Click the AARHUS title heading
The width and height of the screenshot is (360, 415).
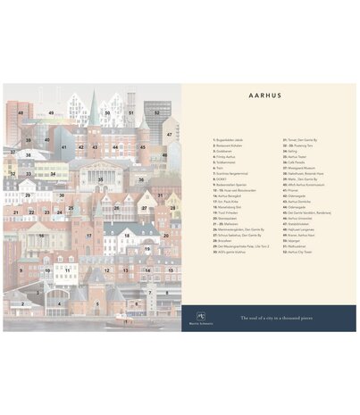[x=267, y=101]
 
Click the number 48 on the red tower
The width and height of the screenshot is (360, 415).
[x=20, y=113]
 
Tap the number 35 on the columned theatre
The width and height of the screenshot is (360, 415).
[x=100, y=179]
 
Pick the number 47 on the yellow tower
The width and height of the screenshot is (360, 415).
[x=169, y=135]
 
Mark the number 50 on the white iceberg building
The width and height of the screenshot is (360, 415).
[x=107, y=113]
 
